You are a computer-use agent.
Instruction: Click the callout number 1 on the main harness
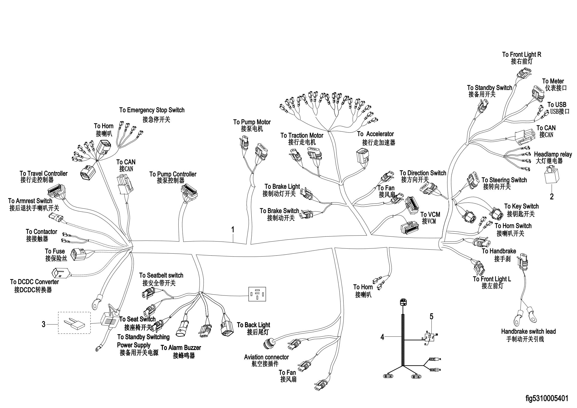coord(233,230)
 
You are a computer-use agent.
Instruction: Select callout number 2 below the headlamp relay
coord(552,196)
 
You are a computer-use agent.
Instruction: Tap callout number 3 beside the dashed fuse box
coord(43,324)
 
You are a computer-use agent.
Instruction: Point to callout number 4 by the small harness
coord(382,337)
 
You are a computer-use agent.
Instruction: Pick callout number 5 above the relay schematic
coord(431,316)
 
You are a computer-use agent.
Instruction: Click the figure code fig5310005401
coord(547,398)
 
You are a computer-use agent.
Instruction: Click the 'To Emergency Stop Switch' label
coord(152,110)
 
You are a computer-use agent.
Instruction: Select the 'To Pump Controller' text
coord(173,174)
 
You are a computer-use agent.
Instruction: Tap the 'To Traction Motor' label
coord(302,135)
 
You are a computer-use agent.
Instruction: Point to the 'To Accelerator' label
coord(375,134)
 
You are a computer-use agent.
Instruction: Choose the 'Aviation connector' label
coord(266,357)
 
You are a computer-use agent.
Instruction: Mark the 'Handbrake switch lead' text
coord(528,331)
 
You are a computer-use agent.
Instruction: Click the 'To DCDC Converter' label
coord(35,282)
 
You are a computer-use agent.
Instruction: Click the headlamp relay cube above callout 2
coord(552,175)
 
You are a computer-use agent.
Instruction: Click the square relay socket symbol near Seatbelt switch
coord(257,294)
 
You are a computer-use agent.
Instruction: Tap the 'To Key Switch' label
coord(521,206)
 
